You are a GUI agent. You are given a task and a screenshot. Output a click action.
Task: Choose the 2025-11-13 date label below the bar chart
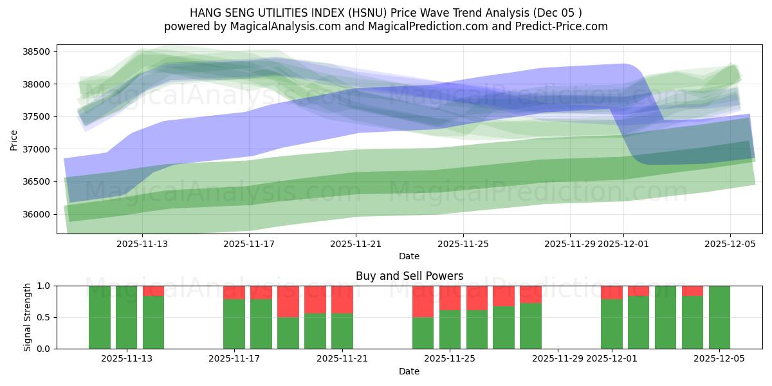[127, 359]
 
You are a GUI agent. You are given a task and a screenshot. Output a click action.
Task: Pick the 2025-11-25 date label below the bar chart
[450, 359]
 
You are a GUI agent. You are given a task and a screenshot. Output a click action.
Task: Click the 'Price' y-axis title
[14, 139]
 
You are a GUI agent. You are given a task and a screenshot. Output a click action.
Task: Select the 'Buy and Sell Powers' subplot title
[409, 276]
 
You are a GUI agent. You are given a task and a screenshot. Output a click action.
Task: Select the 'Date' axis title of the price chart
[409, 256]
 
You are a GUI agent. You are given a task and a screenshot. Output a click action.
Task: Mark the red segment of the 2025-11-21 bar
[342, 299]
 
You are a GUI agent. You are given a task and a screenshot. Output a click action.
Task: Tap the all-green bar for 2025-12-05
[719, 317]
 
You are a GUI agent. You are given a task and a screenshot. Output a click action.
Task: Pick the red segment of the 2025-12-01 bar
[612, 292]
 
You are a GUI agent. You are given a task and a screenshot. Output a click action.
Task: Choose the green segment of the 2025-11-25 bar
[450, 329]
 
